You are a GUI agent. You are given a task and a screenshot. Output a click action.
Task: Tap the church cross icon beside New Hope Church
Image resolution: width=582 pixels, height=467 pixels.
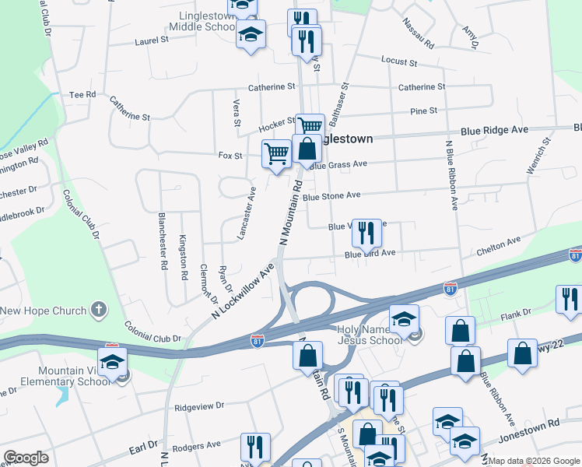(x=98, y=311)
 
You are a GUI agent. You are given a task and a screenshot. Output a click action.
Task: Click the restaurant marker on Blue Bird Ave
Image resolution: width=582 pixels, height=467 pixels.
(x=366, y=233)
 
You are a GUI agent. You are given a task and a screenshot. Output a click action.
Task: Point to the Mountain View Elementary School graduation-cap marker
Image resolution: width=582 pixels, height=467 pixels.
(x=113, y=362)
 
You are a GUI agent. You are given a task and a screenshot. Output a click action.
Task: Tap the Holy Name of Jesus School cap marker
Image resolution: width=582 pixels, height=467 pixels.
(x=404, y=319)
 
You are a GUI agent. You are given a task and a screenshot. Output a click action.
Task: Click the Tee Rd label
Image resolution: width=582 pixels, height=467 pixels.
(x=82, y=94)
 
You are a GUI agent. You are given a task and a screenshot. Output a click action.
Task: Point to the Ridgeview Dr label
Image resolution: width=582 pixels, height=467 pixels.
(x=199, y=406)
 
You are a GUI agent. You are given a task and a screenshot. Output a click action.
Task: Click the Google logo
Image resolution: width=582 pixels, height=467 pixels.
(x=26, y=458)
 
